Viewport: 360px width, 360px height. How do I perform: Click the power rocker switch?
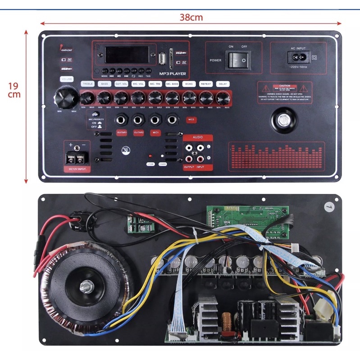tap(238, 59)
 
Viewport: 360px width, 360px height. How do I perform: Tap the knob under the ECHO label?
tap(189, 97)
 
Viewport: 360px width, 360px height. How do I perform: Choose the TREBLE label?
tap(87, 84)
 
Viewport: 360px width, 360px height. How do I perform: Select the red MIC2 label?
tap(191, 119)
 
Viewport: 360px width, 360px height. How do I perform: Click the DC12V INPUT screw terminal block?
tap(75, 157)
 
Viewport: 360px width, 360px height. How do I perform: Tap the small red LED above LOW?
tap(150, 155)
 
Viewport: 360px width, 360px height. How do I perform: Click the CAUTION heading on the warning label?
tap(285, 86)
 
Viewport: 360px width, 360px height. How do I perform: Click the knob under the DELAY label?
tap(222, 97)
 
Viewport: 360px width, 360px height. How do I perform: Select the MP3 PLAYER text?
tap(173, 73)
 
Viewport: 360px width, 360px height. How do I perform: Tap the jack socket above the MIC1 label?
tap(155, 119)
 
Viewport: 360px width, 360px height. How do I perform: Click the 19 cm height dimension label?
tap(14, 90)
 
